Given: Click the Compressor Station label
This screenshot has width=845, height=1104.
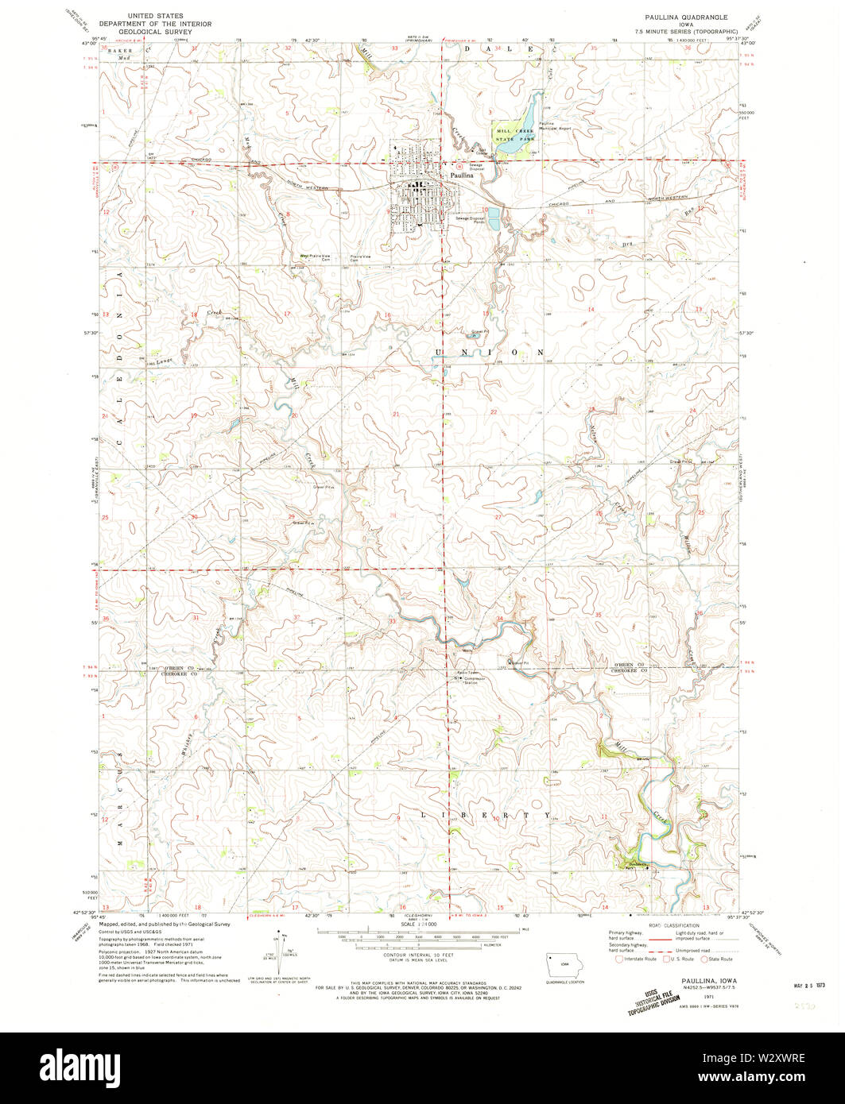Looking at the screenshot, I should (475, 681).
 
